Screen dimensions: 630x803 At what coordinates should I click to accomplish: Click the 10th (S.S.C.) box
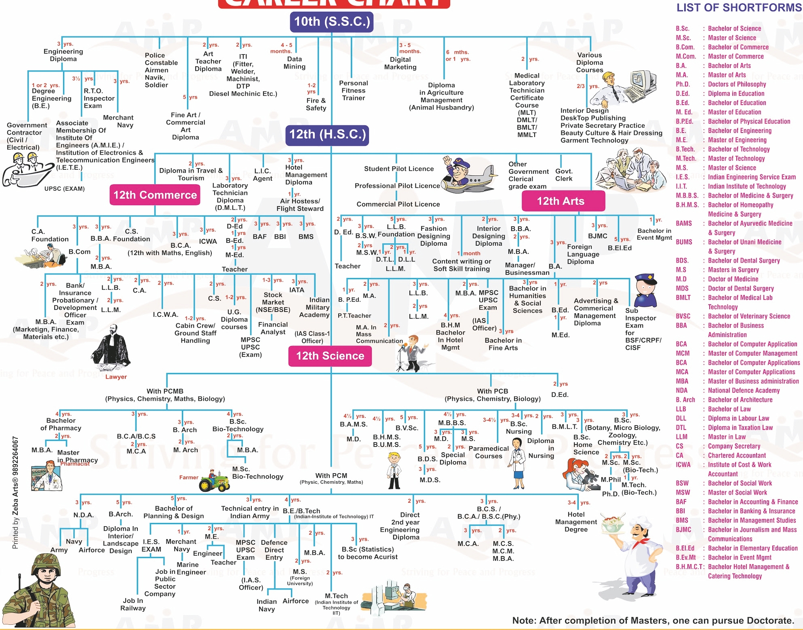331,22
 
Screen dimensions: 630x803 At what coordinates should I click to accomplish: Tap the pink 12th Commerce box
155,195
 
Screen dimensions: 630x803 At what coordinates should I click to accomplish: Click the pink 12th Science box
330,356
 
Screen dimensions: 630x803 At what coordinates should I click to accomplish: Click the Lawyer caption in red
116,377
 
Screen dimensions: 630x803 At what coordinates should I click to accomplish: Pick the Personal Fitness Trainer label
353,91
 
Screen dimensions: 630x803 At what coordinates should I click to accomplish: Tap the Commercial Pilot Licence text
398,204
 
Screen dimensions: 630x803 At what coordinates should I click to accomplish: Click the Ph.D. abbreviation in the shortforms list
683,84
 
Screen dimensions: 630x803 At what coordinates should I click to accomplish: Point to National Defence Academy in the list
744,391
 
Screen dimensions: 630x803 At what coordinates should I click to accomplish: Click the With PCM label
331,476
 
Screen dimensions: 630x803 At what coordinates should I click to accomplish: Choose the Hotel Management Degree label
576,522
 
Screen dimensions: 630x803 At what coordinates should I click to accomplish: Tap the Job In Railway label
133,605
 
